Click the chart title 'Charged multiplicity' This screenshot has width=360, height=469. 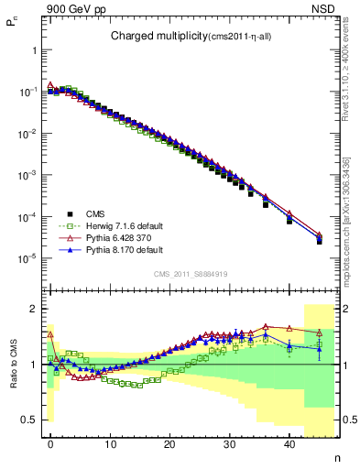tap(150, 37)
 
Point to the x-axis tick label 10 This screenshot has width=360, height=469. tap(110, 445)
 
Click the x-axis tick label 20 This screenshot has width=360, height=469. tap(169, 445)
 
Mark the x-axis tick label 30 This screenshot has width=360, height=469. tap(229, 445)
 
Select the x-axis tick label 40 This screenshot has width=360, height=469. tap(289, 445)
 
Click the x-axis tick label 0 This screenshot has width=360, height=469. tap(50, 445)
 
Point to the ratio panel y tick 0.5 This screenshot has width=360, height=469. tap(31, 420)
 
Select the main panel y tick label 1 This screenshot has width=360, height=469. tap(36, 51)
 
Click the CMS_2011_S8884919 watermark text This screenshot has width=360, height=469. tap(190, 273)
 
